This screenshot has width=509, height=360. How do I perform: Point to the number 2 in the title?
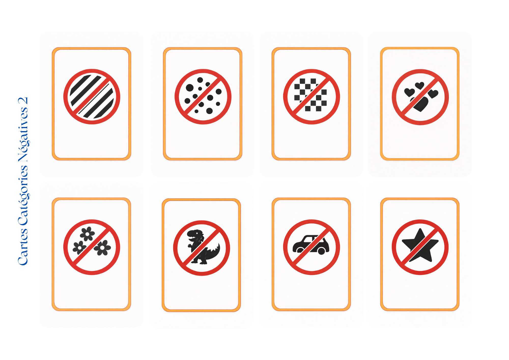pos(23,101)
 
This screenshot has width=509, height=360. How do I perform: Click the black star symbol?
pos(420,245)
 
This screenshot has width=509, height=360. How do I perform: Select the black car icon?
pos(311,245)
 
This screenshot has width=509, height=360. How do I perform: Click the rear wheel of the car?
pos(321,251)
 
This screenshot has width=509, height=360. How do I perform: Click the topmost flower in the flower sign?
pos(87,234)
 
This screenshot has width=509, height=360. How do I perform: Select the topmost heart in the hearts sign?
pos(420,86)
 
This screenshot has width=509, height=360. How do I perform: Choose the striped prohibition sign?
pos(92,96)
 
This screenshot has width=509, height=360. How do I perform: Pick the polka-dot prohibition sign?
pos(203,97)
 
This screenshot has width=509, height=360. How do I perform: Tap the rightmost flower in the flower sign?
pos(102,247)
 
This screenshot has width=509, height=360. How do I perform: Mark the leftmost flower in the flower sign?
pos(80,247)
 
